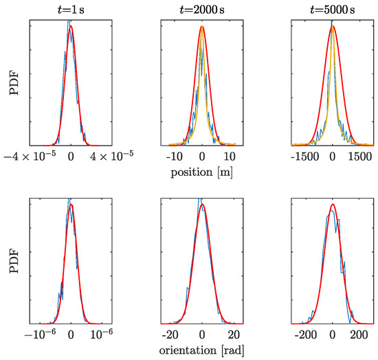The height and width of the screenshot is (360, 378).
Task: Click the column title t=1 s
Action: (x=70, y=8)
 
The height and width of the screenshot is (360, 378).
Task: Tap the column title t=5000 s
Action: (x=332, y=8)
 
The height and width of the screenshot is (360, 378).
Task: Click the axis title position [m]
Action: (x=201, y=172)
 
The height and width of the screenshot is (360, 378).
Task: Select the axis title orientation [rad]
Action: (x=201, y=350)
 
